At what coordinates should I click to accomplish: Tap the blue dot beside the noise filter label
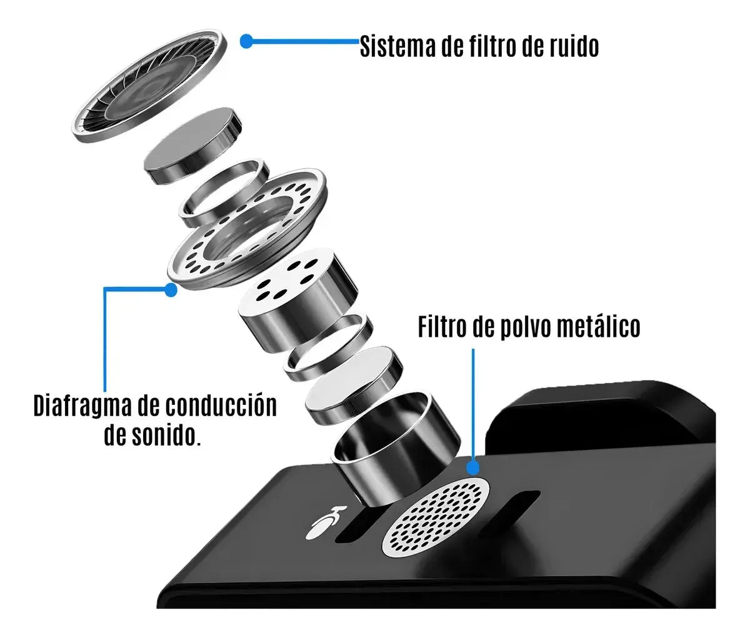click(x=246, y=41)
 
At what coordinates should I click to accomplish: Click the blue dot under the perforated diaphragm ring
click(x=171, y=290)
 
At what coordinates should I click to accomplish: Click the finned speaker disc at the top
click(x=149, y=86)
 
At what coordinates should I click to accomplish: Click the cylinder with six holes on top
click(x=297, y=299)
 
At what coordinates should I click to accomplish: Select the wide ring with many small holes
click(x=247, y=229)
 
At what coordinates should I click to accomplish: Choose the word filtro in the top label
click(x=489, y=46)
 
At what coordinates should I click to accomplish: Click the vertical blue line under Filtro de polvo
click(x=473, y=405)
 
